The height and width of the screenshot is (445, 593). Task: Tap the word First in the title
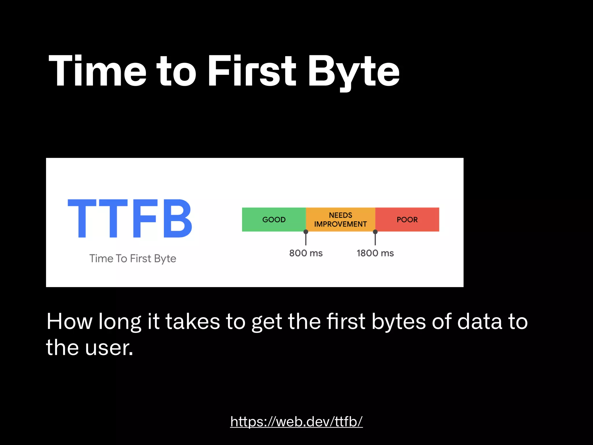252,71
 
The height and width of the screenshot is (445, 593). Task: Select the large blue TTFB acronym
130,219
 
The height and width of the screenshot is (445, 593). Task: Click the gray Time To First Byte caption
133,258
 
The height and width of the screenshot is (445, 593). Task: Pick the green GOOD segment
274,220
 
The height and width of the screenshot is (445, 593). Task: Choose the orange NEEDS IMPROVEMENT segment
341,219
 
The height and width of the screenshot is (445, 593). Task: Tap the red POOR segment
407,220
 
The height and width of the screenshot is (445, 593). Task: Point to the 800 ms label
306,253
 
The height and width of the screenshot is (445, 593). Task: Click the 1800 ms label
375,253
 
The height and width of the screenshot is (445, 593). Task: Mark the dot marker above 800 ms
306,232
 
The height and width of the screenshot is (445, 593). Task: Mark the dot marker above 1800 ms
375,232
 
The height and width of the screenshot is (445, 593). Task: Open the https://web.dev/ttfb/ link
296,421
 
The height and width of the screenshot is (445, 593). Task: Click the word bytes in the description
398,322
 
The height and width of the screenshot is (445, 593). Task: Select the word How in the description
69,322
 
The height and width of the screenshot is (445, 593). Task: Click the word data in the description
479,322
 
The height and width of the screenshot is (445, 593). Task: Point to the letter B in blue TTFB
177,219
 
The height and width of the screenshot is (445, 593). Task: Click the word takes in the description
193,322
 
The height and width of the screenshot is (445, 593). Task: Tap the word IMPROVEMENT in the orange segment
341,224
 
